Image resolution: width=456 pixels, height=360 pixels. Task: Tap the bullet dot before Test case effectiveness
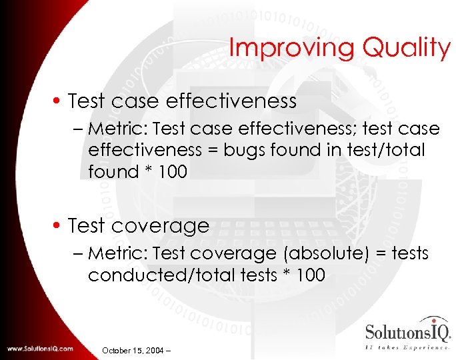point(59,101)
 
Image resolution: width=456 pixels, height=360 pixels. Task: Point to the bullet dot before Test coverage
point(59,226)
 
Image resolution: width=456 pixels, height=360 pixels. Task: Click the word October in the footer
point(119,349)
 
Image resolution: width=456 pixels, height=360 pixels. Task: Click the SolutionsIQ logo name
point(407,333)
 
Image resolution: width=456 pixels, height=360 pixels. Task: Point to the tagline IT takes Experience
point(407,347)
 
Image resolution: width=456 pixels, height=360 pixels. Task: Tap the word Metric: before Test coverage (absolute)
point(118,253)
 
